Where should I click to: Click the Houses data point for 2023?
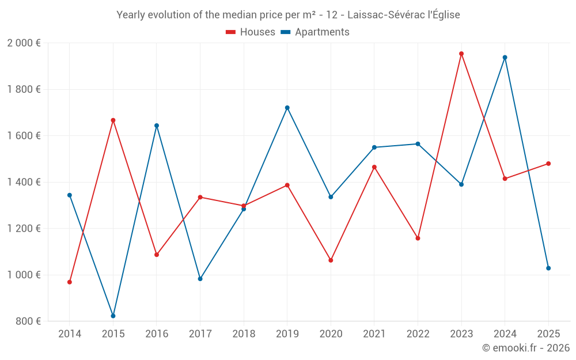click(x=461, y=54)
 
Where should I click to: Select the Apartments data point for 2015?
click(x=113, y=316)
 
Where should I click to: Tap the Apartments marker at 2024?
click(x=505, y=57)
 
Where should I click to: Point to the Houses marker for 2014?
click(x=70, y=282)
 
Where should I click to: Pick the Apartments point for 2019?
click(x=287, y=108)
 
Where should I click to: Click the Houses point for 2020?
click(x=331, y=260)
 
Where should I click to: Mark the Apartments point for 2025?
click(x=548, y=268)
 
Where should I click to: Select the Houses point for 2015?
click(x=113, y=120)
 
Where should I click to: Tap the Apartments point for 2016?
click(x=157, y=126)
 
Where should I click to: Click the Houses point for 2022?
click(x=418, y=238)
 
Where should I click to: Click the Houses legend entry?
click(x=250, y=32)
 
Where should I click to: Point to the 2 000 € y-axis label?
click(x=24, y=43)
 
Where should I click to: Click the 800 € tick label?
click(x=28, y=321)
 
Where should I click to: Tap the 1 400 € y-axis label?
click(x=24, y=182)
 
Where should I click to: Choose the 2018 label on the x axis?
click(x=244, y=334)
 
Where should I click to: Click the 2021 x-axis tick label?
click(x=374, y=334)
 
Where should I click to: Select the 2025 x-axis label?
click(x=548, y=334)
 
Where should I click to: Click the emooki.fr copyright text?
click(x=526, y=348)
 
